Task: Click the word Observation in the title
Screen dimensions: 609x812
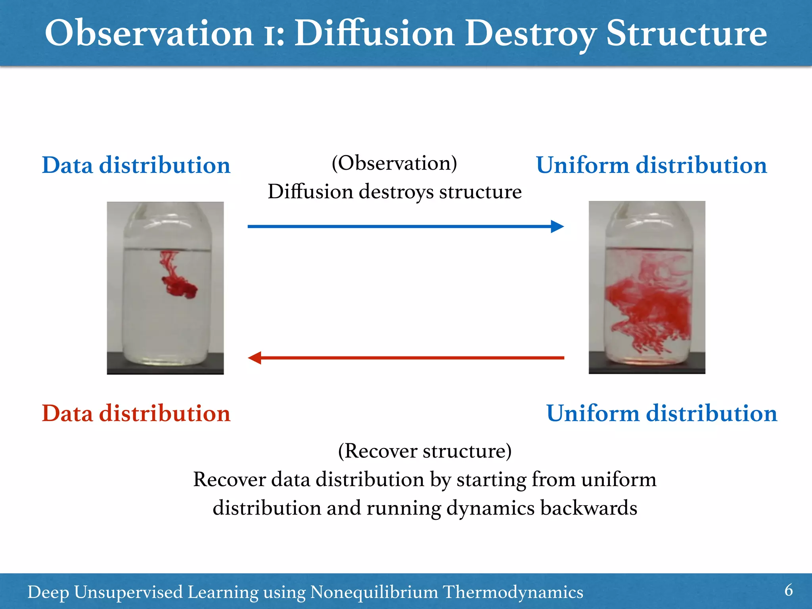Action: tap(149, 33)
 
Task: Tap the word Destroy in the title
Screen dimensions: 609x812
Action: tap(530, 33)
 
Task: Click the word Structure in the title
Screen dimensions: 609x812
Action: tap(686, 33)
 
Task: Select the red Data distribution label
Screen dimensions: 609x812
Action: tap(136, 413)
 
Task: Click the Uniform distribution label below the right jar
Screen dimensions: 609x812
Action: tap(661, 413)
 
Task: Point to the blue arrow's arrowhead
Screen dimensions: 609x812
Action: tap(557, 226)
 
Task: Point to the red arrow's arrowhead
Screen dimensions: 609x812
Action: tap(255, 358)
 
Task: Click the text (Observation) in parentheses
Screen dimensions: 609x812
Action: tap(394, 163)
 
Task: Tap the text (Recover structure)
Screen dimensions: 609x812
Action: tap(425, 451)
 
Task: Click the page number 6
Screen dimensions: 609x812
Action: tap(788, 590)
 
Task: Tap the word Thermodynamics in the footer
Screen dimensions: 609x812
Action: tap(513, 592)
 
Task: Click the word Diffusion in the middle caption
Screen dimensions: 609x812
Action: tap(310, 192)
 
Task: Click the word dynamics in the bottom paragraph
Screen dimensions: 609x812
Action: tap(490, 508)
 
